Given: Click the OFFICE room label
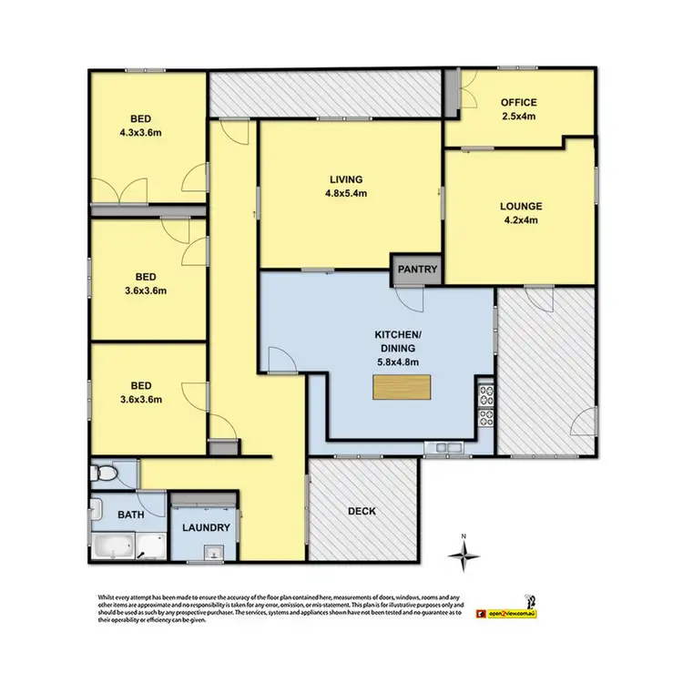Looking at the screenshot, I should pyautogui.click(x=517, y=103).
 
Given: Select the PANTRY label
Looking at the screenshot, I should pyautogui.click(x=418, y=270).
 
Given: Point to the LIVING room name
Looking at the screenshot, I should pyautogui.click(x=347, y=178).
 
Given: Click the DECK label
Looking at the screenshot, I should pyautogui.click(x=361, y=511).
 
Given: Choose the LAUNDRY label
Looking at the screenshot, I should pyautogui.click(x=205, y=527).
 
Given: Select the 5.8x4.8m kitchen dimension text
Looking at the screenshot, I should pyautogui.click(x=397, y=361).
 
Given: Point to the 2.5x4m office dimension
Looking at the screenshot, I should pyautogui.click(x=517, y=116).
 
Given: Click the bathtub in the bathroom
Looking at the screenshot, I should pyautogui.click(x=114, y=546).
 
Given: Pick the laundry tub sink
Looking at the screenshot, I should pyautogui.click(x=215, y=551).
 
